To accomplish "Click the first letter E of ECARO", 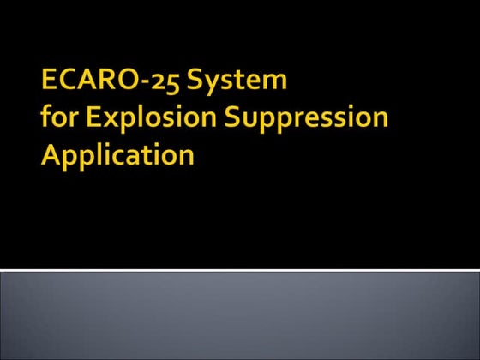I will pyautogui.click(x=50, y=81).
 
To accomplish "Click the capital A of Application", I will pyautogui.click(x=52, y=156).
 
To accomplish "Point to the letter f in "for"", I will pyautogui.click(x=47, y=118).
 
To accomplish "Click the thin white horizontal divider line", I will pyautogui.click(x=240, y=270).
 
